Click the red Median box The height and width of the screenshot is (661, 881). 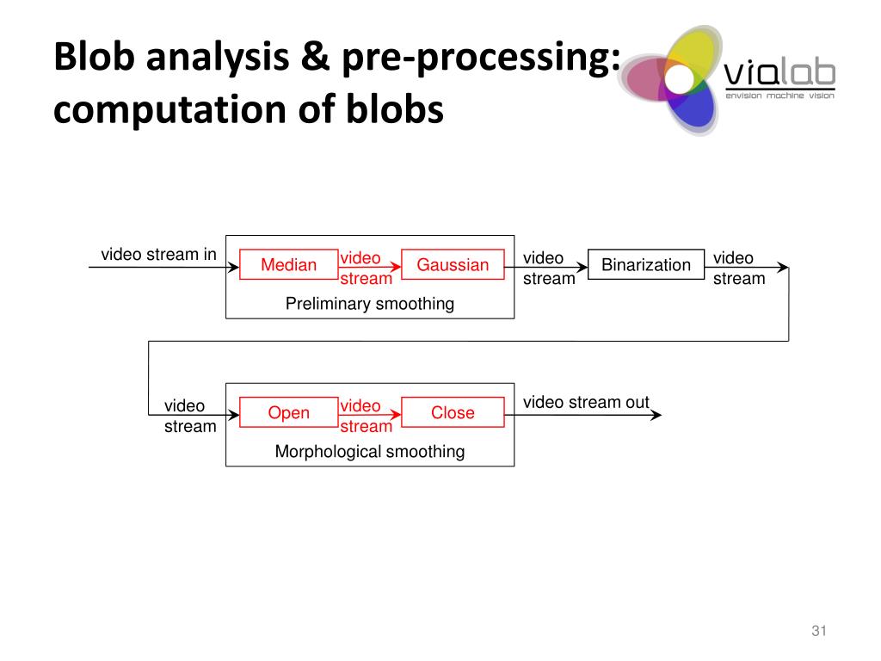[289, 264]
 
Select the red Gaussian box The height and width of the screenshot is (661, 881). [453, 264]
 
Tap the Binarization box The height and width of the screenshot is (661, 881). [645, 264]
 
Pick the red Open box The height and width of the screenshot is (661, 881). [289, 412]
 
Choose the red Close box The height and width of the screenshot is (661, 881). [453, 412]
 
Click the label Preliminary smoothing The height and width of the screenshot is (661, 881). [370, 304]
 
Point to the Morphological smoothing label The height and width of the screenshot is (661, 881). [370, 451]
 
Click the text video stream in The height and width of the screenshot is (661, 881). [158, 254]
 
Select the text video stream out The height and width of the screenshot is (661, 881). [586, 402]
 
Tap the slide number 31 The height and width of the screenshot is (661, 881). [819, 631]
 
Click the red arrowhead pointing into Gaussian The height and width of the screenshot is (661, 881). [396, 267]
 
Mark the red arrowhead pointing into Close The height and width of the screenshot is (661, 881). [396, 415]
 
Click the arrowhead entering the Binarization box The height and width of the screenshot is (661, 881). [582, 267]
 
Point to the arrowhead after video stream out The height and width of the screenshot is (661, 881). [656, 415]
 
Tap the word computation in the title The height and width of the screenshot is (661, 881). [170, 108]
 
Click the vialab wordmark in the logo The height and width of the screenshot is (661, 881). [779, 74]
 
